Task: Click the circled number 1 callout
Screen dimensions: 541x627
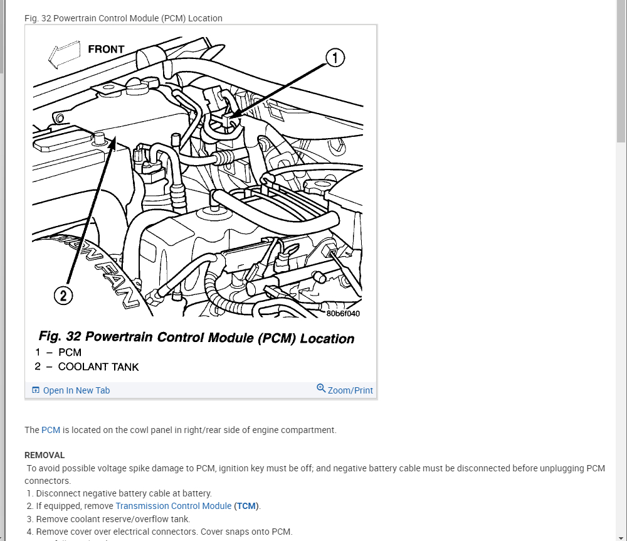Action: click(x=335, y=58)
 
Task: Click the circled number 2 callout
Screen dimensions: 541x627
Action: click(x=63, y=295)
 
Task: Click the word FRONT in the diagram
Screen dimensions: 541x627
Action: click(x=106, y=49)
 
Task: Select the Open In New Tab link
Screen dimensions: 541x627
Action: click(x=76, y=390)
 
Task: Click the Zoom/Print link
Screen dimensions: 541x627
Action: click(x=350, y=390)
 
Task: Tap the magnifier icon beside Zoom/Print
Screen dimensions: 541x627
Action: click(x=321, y=388)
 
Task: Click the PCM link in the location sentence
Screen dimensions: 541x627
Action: click(x=51, y=430)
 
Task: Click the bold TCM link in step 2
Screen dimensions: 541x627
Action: click(x=246, y=506)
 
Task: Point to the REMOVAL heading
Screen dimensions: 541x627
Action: click(x=45, y=455)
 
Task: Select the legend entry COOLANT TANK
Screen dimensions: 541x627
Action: click(x=98, y=367)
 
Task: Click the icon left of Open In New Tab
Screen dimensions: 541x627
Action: click(x=36, y=390)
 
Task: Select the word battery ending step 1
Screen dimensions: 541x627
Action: click(x=197, y=493)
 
